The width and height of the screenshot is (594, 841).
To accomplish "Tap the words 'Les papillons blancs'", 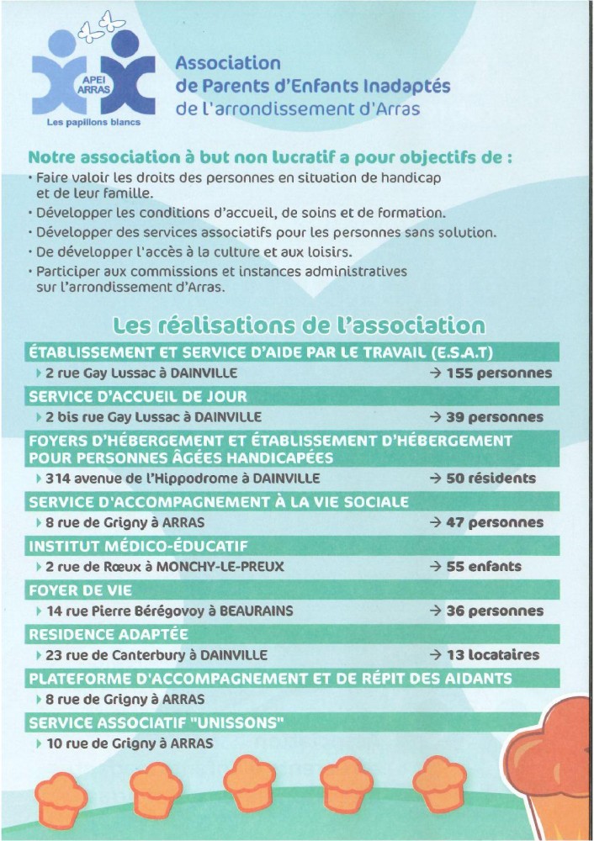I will (x=93, y=120).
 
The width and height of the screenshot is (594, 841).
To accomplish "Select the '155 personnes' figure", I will (x=490, y=373).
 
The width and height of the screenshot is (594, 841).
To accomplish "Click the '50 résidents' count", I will (x=481, y=479).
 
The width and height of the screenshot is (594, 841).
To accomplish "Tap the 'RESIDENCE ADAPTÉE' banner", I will (x=109, y=634).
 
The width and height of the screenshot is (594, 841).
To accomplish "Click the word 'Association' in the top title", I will (x=227, y=62).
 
